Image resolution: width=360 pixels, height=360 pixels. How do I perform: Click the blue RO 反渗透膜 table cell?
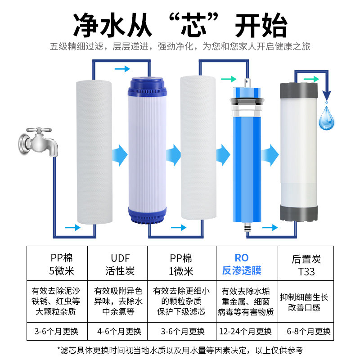click(x=242, y=265)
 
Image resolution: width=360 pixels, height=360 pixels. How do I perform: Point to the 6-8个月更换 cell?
click(x=309, y=332)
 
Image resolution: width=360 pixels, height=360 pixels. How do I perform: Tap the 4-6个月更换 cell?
click(x=119, y=332)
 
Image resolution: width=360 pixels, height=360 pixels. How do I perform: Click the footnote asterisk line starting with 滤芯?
click(x=180, y=350)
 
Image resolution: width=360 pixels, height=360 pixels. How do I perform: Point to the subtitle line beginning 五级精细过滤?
click(x=180, y=47)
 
